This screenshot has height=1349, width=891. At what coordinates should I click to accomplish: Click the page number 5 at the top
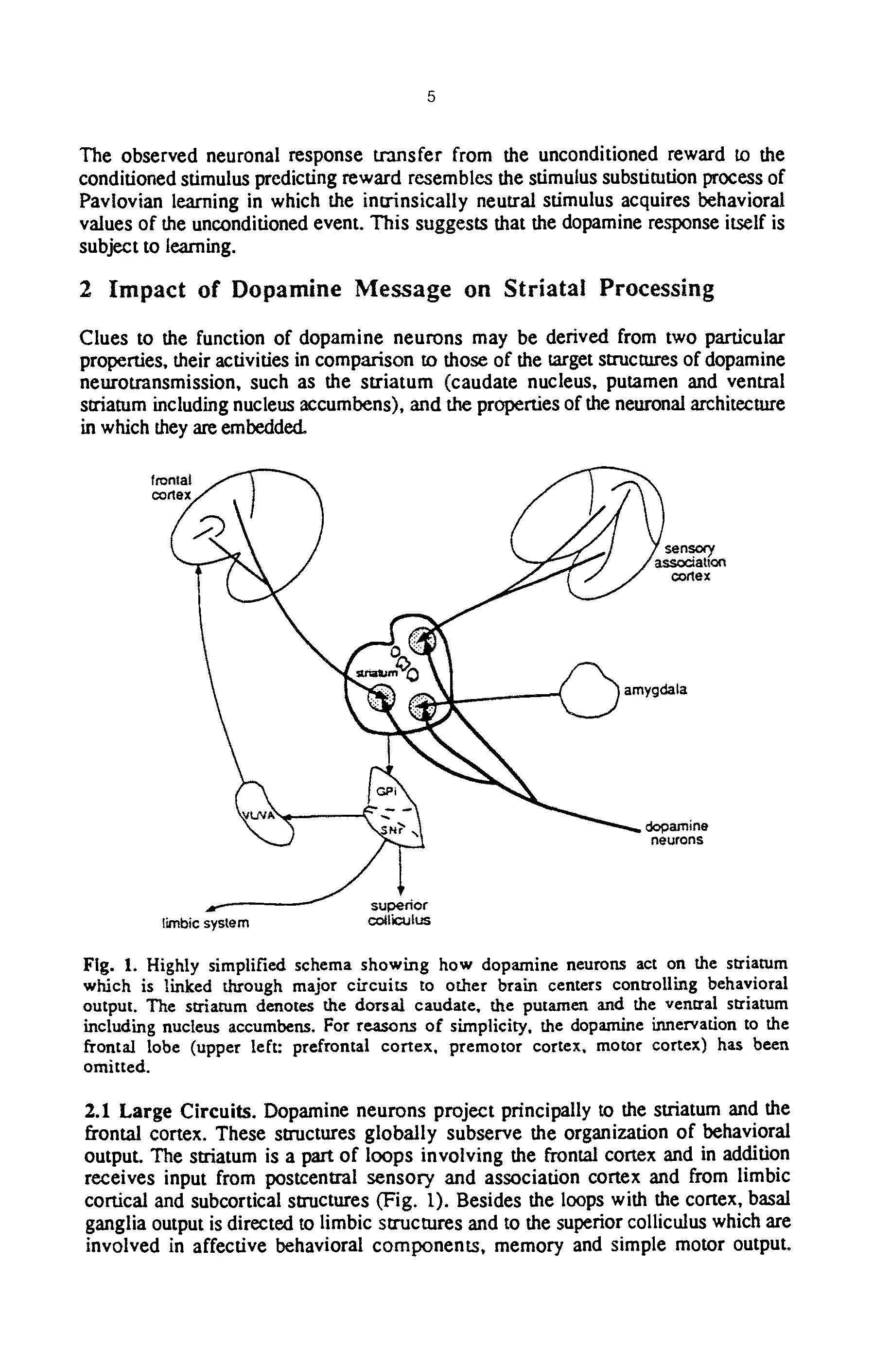pos(431,97)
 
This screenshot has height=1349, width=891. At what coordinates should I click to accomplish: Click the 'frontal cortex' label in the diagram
pos(171,487)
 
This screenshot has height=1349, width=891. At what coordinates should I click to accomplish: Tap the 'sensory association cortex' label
pos(690,562)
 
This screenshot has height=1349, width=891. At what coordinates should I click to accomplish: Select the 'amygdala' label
pos(655,690)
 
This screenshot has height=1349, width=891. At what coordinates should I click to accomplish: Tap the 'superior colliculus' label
pos(400,912)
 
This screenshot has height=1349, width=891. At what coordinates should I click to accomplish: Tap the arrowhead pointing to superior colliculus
pos(401,890)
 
